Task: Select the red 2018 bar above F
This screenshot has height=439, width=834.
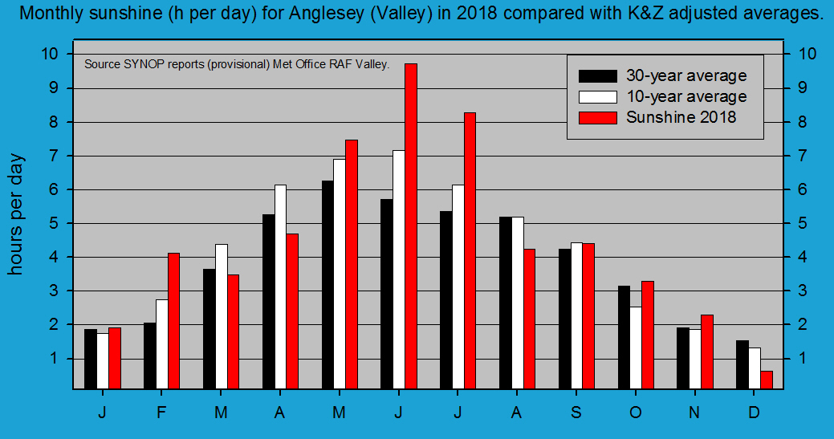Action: tap(173, 321)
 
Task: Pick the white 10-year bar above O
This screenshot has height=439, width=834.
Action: tap(636, 348)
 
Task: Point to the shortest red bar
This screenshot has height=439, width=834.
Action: tap(767, 380)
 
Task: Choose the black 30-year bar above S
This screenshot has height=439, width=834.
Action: tap(564, 319)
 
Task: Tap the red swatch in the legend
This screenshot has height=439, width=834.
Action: tap(598, 117)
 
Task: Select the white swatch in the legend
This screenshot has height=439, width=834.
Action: tap(598, 96)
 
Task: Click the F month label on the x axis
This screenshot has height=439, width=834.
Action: tap(161, 412)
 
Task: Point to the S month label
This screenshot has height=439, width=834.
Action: tap(576, 412)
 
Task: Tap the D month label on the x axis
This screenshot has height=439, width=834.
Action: tap(754, 412)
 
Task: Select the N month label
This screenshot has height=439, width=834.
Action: tap(694, 412)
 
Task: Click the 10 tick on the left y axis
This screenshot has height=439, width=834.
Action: tap(51, 54)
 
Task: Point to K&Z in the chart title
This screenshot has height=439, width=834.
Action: tap(610, 14)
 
